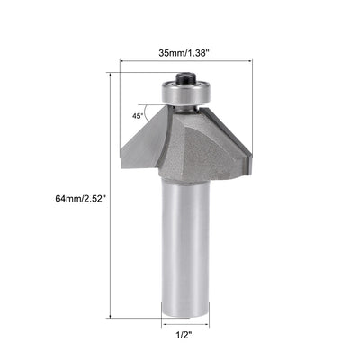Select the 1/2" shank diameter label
(x=184, y=341)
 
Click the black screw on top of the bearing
(x=185, y=79)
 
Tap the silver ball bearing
(x=185, y=91)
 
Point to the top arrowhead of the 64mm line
(x=111, y=76)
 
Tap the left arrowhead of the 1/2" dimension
(x=163, y=327)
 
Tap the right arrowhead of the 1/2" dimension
(x=207, y=327)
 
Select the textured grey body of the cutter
(x=191, y=144)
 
